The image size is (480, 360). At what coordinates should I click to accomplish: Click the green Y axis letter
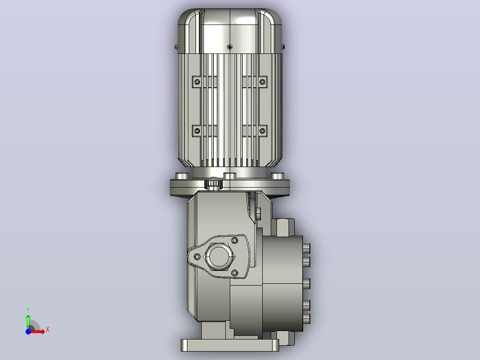[28, 310]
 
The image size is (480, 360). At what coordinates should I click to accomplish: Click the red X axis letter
[48, 330]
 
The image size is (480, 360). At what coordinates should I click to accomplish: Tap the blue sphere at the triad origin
[28, 331]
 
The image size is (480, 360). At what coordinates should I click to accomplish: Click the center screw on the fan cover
[230, 47]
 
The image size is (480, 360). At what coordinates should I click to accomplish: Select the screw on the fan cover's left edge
[176, 47]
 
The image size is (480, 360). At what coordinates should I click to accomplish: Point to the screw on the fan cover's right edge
[284, 47]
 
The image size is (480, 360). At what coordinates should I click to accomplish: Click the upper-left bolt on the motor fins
[197, 82]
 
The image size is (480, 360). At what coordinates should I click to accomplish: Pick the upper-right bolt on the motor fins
[262, 82]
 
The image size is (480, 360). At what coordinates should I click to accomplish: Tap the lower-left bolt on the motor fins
[197, 131]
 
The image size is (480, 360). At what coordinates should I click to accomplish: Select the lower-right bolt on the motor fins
[262, 131]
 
